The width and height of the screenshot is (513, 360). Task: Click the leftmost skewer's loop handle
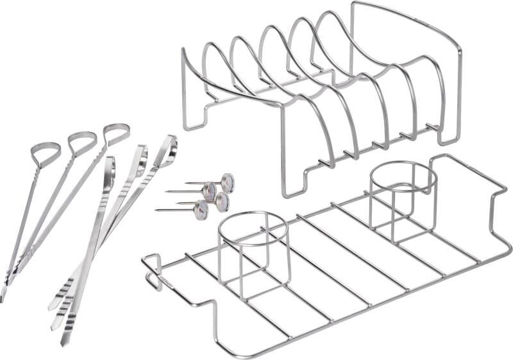(45, 152)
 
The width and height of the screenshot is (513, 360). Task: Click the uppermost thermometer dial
(227, 183)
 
